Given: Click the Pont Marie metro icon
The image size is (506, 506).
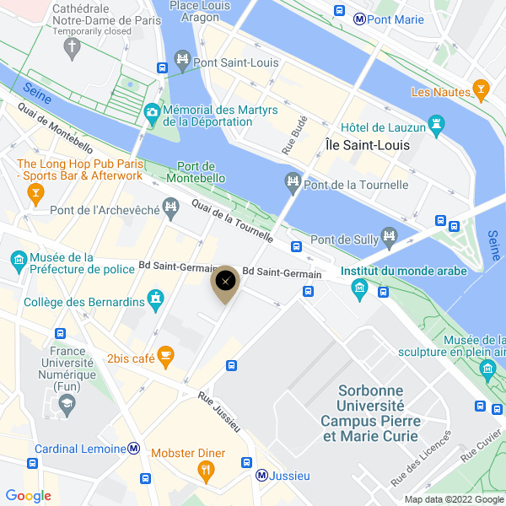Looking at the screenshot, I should (x=359, y=18).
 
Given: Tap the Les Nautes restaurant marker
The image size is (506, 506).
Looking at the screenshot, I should (x=481, y=89).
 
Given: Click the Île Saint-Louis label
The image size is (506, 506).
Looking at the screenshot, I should (x=368, y=145).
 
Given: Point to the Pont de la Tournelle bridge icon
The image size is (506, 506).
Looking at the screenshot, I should (x=293, y=181).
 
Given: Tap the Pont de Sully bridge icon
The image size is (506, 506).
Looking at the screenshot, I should (x=389, y=236).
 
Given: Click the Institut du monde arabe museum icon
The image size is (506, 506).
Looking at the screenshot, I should (x=360, y=289).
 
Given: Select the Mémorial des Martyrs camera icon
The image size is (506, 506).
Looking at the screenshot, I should (x=152, y=110).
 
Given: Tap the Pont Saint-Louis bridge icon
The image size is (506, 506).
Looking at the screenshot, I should (x=181, y=60).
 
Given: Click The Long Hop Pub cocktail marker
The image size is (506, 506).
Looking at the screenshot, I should (x=35, y=195).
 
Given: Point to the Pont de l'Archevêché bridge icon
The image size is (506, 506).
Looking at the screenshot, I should (x=171, y=206).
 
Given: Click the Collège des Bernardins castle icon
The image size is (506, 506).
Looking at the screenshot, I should (x=155, y=298).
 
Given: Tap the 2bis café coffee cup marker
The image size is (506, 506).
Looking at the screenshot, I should (x=166, y=358).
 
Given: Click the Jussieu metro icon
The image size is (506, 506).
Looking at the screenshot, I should (x=262, y=476).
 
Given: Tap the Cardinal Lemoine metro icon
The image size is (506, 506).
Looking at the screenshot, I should (x=133, y=448).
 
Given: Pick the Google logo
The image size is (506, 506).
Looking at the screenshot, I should (x=28, y=496).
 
